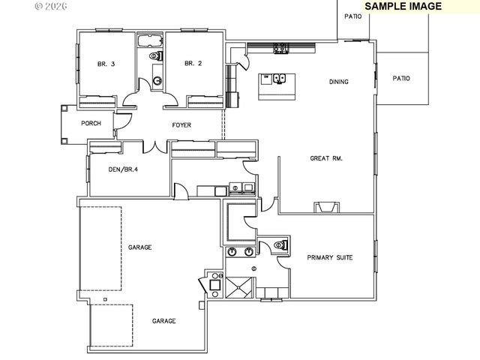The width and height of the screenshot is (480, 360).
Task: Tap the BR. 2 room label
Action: click(193, 64)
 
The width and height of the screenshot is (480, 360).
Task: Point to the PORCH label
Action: click(91, 124)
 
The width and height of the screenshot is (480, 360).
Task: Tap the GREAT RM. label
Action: click(326, 158)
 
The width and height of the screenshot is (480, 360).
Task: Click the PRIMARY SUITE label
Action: click(330, 257)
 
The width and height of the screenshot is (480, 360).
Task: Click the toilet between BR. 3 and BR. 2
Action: click(156, 56)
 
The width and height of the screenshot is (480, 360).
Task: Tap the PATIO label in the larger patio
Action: click(401, 78)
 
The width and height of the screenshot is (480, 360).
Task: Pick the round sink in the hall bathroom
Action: click(157, 80)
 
